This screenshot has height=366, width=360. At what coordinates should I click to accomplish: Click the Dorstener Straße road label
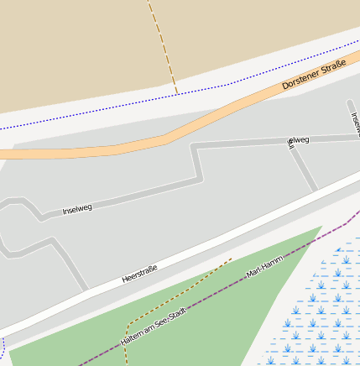click(x=314, y=74)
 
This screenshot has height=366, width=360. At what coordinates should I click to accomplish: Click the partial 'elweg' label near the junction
click(x=298, y=140)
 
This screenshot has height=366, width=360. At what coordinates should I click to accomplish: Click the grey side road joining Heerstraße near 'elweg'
click(x=304, y=168)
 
